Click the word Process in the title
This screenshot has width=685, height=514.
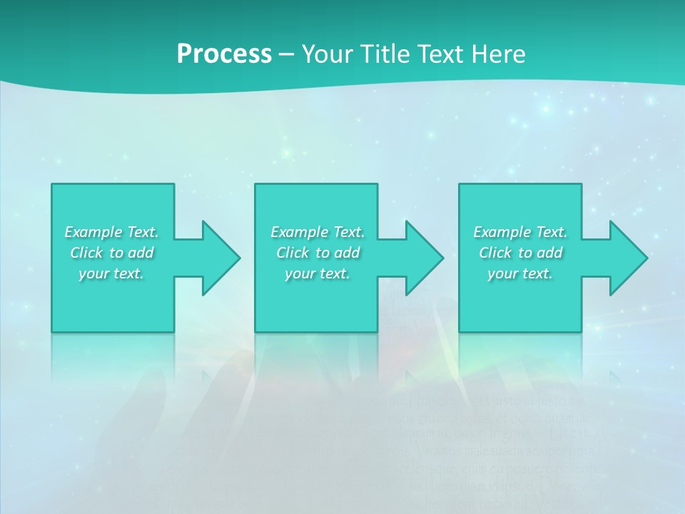224,54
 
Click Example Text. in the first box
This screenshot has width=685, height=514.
111,232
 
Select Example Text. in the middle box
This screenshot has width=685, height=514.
318,232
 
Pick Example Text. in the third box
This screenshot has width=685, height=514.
520,232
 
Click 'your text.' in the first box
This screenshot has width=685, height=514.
111,273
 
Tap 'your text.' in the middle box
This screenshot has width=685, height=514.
318,273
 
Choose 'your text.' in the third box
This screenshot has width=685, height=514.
520,273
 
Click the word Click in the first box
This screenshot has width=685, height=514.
86,253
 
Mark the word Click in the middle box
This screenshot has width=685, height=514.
293,253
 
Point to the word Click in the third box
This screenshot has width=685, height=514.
495,253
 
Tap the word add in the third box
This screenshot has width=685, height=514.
549,253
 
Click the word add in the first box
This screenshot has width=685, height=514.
140,253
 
